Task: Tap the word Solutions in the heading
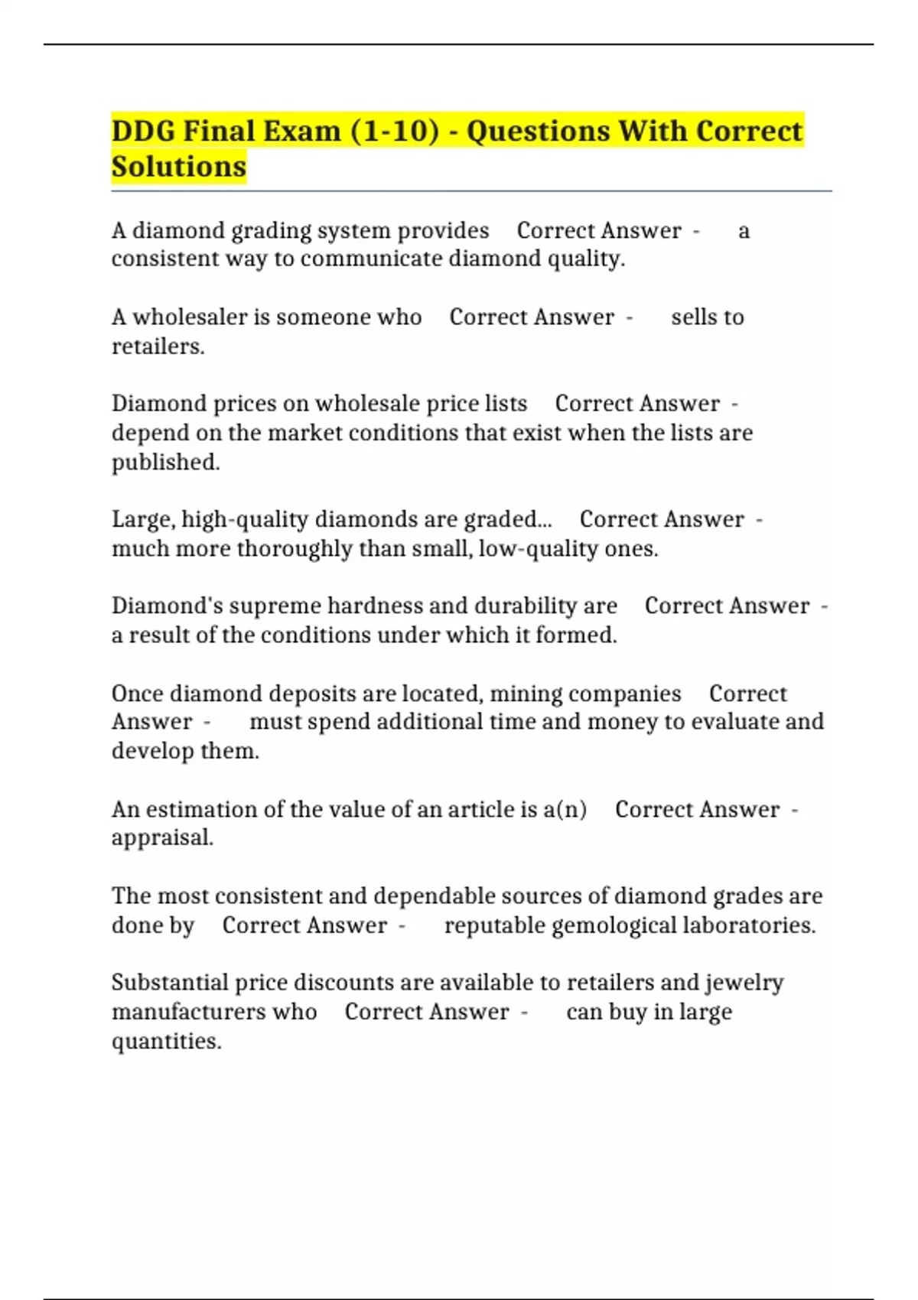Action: (179, 166)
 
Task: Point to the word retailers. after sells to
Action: (158, 346)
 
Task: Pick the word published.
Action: (165, 462)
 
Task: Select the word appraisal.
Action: (162, 838)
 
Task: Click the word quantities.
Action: (166, 1042)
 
